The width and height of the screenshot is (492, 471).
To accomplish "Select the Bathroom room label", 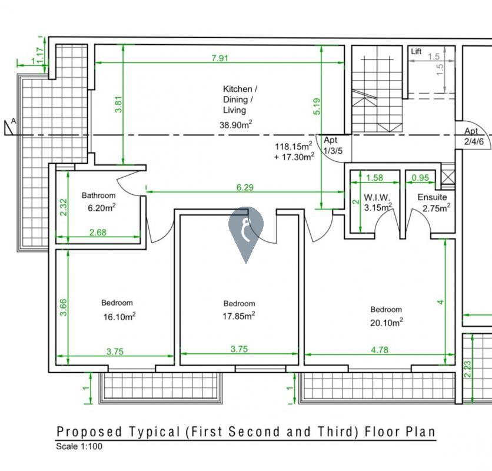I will [x=99, y=195].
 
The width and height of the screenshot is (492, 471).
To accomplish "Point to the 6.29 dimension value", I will [x=245, y=187].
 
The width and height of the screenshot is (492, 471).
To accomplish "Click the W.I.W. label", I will [x=374, y=197].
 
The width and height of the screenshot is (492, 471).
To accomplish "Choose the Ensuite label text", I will [x=433, y=197].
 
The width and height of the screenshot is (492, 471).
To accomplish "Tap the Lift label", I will [x=417, y=52].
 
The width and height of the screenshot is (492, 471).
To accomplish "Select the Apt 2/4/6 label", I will [x=473, y=137].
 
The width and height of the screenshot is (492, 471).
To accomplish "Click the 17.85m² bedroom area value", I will [x=239, y=316].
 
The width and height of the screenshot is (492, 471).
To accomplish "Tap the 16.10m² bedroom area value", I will [x=119, y=316].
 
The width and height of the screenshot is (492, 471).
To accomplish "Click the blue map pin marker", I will [x=246, y=230].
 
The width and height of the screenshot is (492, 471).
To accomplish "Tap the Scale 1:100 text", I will [x=79, y=446].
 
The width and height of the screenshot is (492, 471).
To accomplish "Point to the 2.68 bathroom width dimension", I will [x=98, y=233].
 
